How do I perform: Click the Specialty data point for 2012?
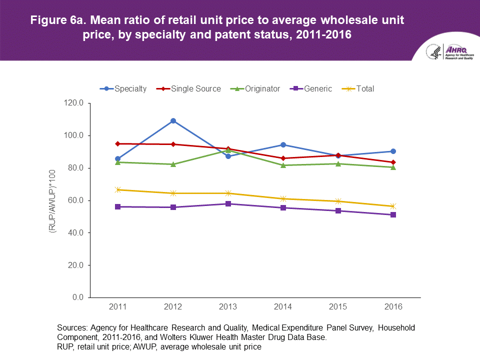(x=173, y=120)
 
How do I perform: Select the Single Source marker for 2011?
(x=118, y=143)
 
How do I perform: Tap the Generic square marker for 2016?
(x=393, y=214)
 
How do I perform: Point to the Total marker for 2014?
(x=283, y=198)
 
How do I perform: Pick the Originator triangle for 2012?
(x=173, y=164)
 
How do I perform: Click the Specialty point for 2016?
(x=393, y=151)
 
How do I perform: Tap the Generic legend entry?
(x=312, y=88)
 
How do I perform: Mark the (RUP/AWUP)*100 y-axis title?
(x=51, y=200)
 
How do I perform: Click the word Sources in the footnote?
(x=72, y=328)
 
